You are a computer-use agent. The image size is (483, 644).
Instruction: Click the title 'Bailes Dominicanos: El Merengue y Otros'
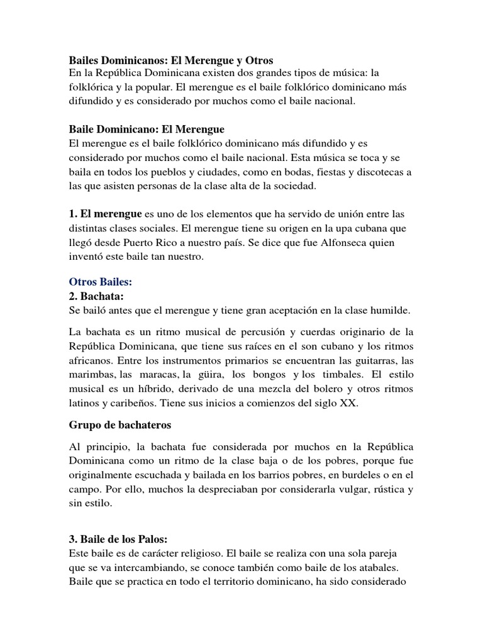coord(170,61)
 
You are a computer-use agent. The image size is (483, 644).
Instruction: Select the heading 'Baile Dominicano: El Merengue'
coord(146,130)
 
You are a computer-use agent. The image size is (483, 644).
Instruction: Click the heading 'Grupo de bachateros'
coord(119,426)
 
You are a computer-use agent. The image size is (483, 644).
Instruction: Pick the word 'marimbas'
coord(89,375)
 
